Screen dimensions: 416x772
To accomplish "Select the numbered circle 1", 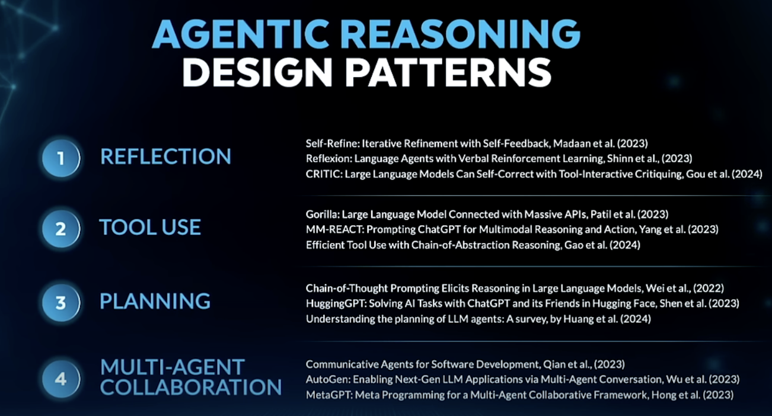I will pyautogui.click(x=60, y=158).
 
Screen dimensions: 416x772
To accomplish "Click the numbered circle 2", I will pyautogui.click(x=60, y=229).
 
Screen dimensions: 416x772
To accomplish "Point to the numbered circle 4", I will pyautogui.click(x=60, y=377).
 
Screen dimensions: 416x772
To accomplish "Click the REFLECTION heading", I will pyautogui.click(x=165, y=156).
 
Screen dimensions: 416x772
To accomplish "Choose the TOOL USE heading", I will pyautogui.click(x=150, y=228).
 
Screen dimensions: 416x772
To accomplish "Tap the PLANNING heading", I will pyautogui.click(x=155, y=302).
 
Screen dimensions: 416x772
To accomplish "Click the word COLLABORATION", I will pyautogui.click(x=191, y=387).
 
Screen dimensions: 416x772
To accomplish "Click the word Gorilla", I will pyautogui.click(x=320, y=215).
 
